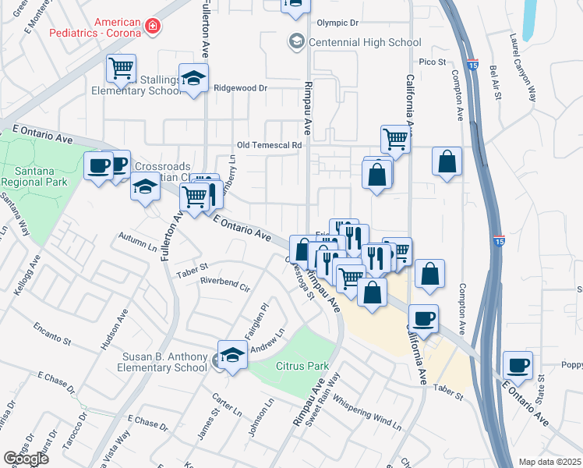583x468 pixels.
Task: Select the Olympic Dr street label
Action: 337,24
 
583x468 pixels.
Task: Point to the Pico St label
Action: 431,62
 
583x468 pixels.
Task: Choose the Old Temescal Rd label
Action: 269,146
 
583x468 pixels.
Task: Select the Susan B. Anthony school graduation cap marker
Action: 232,355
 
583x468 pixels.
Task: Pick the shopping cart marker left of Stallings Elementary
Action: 121,69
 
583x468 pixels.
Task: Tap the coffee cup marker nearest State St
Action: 518,364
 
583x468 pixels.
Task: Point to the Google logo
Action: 26,459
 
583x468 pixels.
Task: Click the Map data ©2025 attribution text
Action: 549,462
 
